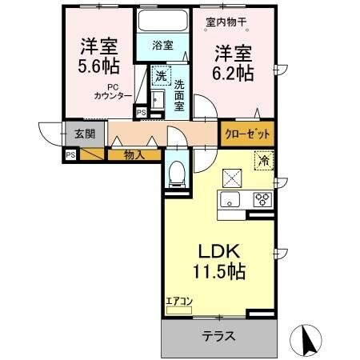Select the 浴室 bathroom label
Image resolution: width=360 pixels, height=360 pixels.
(x=162, y=46)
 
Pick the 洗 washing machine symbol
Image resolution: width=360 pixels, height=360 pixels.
(x=160, y=78)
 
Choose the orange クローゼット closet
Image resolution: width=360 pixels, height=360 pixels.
(x=246, y=134)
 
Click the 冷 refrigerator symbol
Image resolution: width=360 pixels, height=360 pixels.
(x=263, y=161)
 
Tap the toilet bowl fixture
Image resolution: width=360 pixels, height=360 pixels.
(x=176, y=172)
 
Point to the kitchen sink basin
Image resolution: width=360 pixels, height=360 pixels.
(x=232, y=200)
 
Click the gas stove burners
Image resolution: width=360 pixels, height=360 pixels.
(x=262, y=200)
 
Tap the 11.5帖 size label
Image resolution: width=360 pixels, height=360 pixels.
(x=218, y=271)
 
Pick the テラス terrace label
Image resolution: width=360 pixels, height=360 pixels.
(x=218, y=337)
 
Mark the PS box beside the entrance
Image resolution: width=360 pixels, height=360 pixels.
(x=71, y=154)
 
